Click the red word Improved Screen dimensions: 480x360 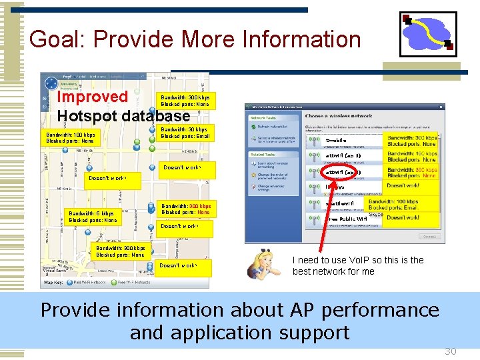[x=92, y=97]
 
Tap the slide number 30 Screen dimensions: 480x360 [x=451, y=351]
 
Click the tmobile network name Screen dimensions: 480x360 [x=337, y=141]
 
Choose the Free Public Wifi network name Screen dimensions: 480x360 [x=348, y=219]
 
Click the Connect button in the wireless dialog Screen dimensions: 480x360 [x=429, y=236]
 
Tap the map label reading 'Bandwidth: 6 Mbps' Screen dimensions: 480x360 [x=93, y=214]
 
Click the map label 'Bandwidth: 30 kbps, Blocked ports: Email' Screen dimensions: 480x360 [x=185, y=133]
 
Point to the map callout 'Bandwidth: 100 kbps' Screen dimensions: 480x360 [x=70, y=137]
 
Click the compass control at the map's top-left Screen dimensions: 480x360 [x=51, y=84]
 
